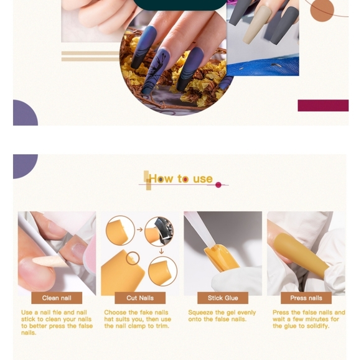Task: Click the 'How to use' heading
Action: pyautogui.click(x=180, y=179)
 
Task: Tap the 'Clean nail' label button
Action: pyautogui.click(x=57, y=298)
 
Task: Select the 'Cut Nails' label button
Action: pyautogui.click(x=140, y=298)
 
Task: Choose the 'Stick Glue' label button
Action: pyautogui.click(x=223, y=298)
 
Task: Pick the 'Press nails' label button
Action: pyautogui.click(x=306, y=298)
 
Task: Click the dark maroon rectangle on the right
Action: pyautogui.click(x=322, y=105)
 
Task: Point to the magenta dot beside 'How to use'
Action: pyautogui.click(x=218, y=185)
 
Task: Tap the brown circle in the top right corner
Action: pyautogui.click(x=322, y=9)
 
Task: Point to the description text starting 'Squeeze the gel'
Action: pyautogui.click(x=222, y=316)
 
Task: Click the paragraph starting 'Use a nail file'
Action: pyautogui.click(x=57, y=322)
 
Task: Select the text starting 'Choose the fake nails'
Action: pyautogui.click(x=138, y=319)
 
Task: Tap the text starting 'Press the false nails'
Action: pyautogui.click(x=309, y=319)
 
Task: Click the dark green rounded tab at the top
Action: pyautogui.click(x=180, y=5)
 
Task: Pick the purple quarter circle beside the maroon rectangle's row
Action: pyautogui.click(x=24, y=114)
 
